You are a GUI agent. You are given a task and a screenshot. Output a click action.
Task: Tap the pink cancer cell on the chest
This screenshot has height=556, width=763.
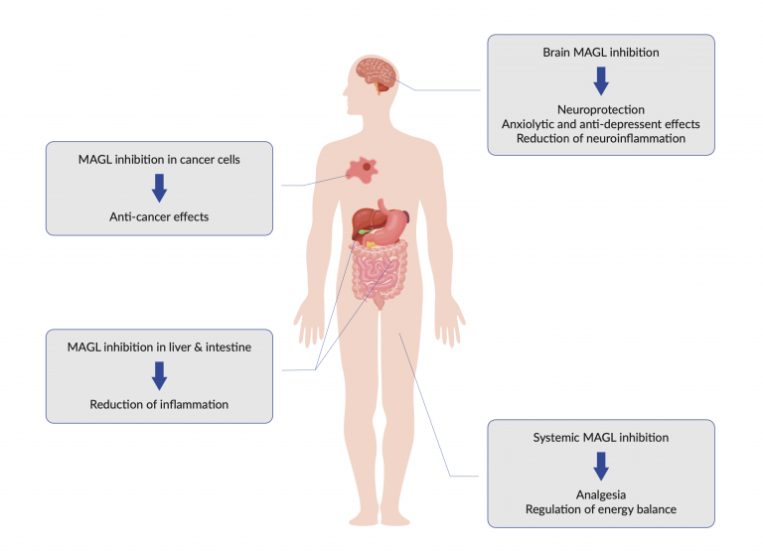coord(362,170)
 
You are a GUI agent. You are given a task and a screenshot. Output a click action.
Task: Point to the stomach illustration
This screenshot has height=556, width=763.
coord(391,222)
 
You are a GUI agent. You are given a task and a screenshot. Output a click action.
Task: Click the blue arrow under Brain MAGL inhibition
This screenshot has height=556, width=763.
coord(601,80)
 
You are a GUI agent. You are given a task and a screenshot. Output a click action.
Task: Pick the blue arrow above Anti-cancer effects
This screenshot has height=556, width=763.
coord(159,188)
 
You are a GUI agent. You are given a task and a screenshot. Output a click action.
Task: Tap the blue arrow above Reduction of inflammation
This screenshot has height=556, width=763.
coord(159,375)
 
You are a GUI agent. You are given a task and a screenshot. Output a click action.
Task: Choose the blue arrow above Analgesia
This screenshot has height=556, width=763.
coord(601,466)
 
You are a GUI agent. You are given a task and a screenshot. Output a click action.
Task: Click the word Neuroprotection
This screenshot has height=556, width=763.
coord(601,109)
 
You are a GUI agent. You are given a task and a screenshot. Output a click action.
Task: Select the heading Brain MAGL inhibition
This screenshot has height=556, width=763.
coord(601,52)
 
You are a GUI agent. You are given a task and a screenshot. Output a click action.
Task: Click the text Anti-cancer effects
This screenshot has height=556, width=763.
coord(159,216)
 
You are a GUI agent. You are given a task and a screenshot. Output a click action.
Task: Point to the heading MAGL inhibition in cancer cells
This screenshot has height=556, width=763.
coord(159,160)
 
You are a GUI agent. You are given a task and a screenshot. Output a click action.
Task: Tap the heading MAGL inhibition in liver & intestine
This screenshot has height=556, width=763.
coord(159,347)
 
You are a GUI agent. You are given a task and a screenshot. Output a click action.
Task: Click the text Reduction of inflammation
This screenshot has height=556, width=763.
coord(159,404)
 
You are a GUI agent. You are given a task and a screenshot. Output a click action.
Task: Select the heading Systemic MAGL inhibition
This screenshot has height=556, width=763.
coord(601,437)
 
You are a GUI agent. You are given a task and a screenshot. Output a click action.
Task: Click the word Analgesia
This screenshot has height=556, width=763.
coord(601,494)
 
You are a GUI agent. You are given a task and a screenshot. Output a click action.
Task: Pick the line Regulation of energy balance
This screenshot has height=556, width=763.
coord(601,509)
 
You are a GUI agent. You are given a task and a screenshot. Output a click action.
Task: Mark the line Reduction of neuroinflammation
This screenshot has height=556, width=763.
coord(601,138)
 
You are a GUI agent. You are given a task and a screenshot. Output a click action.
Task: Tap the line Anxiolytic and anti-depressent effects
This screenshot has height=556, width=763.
coord(601,124)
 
